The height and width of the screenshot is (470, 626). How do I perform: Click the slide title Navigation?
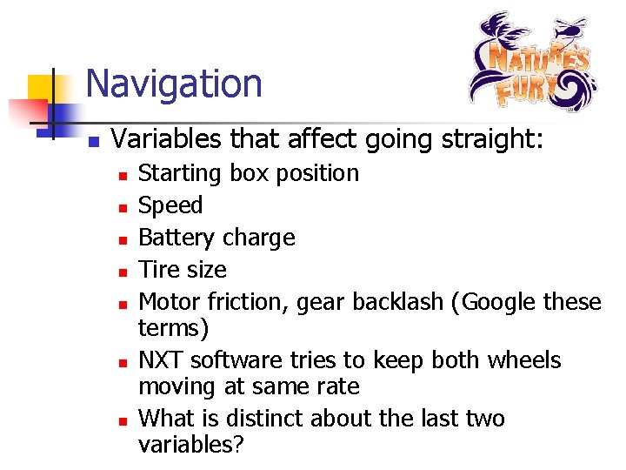coord(174,84)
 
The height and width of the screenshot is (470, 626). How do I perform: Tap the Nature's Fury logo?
coord(529,62)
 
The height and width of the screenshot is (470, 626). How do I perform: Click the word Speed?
coord(170,205)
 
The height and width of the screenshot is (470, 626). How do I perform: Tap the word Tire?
coord(158,270)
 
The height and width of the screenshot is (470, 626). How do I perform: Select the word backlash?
coord(399,302)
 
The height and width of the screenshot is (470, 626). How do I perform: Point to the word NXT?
coord(162,360)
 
